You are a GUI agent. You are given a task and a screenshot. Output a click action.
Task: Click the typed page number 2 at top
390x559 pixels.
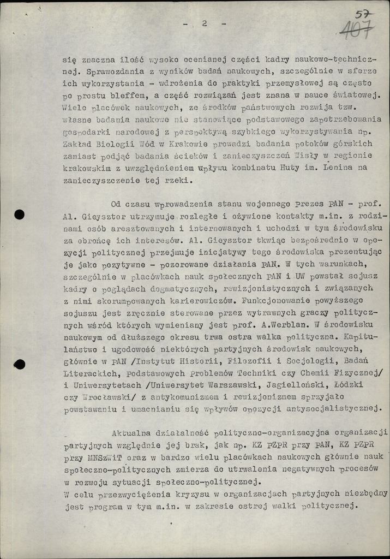tap(204, 23)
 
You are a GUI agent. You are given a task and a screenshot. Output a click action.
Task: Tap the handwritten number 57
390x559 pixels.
tap(361, 14)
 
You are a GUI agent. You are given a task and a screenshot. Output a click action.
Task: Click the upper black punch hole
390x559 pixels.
tap(19, 214)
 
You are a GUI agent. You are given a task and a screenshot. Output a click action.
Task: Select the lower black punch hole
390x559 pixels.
tap(20, 364)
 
